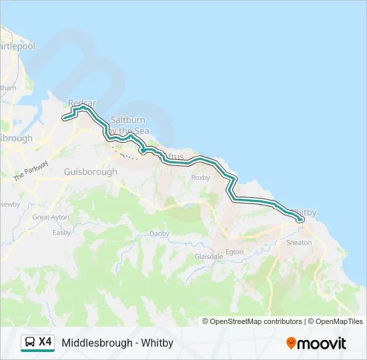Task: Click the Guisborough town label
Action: click(90, 171)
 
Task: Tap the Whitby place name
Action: click(304, 211)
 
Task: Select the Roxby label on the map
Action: click(200, 178)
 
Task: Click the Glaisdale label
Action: click(208, 256)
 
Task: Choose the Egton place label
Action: click(234, 252)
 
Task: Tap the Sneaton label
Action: click(298, 243)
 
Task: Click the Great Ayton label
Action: click(51, 217)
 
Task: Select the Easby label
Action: click(62, 233)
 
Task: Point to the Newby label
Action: click(9, 204)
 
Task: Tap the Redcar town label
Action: click(82, 103)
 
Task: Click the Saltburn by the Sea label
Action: click(127, 126)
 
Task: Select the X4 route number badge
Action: click(45, 342)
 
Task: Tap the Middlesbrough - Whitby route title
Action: click(117, 343)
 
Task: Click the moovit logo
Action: click(316, 343)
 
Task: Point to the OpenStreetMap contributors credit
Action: click(252, 321)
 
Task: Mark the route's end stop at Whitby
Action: click(301, 219)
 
